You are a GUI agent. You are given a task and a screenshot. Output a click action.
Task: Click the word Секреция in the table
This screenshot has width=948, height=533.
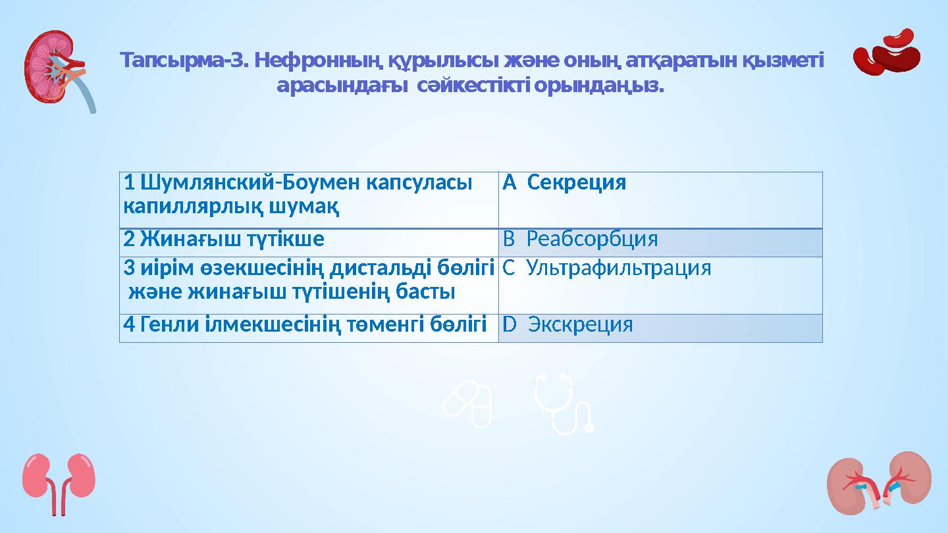(577, 183)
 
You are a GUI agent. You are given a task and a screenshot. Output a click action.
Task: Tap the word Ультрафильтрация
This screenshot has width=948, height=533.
(619, 268)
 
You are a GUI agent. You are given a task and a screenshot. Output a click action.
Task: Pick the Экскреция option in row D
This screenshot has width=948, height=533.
(581, 324)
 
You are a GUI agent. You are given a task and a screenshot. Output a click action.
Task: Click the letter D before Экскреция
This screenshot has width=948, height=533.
(508, 324)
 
